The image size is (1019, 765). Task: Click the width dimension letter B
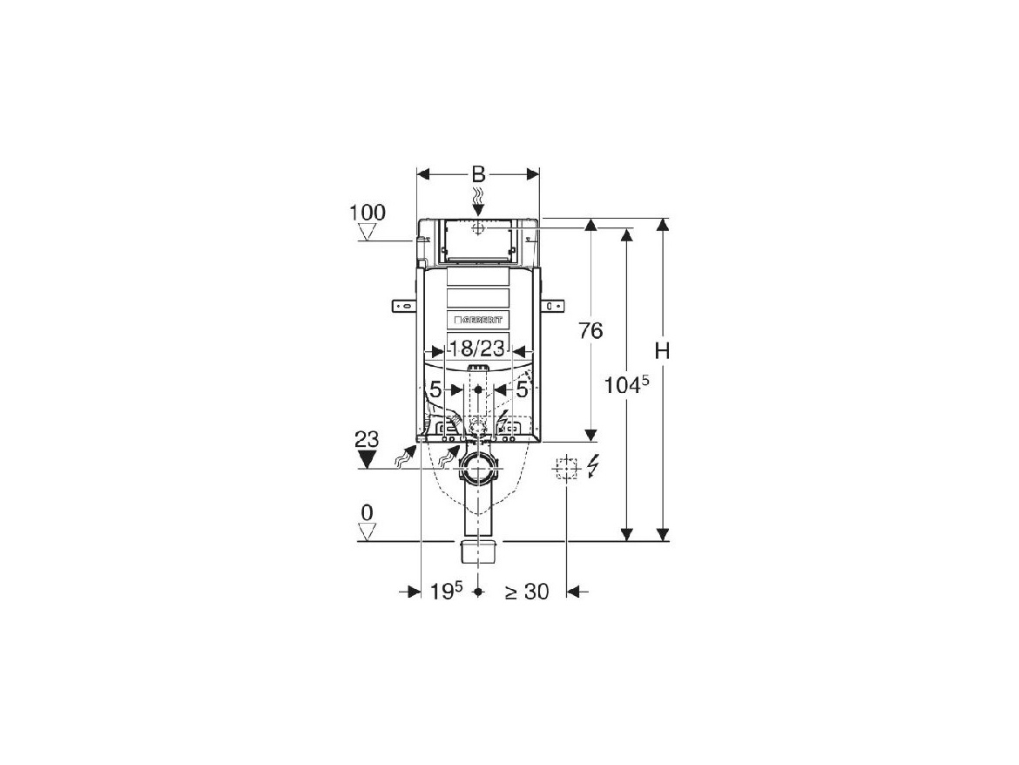tap(478, 173)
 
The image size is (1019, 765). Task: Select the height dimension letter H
tap(663, 350)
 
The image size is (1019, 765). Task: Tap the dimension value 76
tap(590, 331)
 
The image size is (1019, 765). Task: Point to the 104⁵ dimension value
tap(628, 386)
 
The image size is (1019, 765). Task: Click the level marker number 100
tap(367, 213)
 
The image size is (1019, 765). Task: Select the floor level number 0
tap(367, 513)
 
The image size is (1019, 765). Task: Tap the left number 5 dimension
tap(435, 390)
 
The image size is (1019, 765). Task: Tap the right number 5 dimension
tap(522, 390)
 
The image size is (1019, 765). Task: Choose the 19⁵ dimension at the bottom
tap(445, 592)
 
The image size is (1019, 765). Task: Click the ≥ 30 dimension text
tap(527, 592)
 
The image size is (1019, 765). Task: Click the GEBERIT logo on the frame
tap(478, 320)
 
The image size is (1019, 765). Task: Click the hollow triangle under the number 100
tap(368, 232)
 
